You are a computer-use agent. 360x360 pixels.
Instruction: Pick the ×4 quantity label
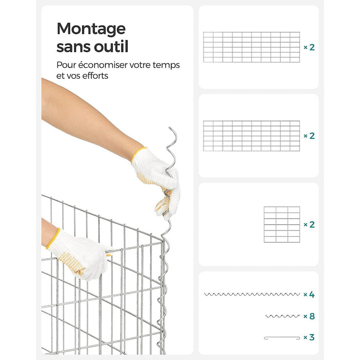(x=309, y=294)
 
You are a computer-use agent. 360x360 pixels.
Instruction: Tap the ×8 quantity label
(x=309, y=316)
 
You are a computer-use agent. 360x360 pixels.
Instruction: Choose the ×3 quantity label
(x=309, y=337)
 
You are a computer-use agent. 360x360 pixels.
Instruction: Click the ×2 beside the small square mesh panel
(x=309, y=225)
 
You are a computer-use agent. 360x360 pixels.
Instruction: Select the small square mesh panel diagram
(x=282, y=224)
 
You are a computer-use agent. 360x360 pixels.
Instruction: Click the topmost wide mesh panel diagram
(x=251, y=47)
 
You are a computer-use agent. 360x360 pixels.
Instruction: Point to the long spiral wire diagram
(x=252, y=294)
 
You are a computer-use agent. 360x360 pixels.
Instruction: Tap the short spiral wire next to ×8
(x=282, y=316)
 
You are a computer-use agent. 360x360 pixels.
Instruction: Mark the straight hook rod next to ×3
(x=282, y=337)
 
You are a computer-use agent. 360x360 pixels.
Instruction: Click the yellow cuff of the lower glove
(x=53, y=239)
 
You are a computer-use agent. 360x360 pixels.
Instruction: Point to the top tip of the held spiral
(x=169, y=128)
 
